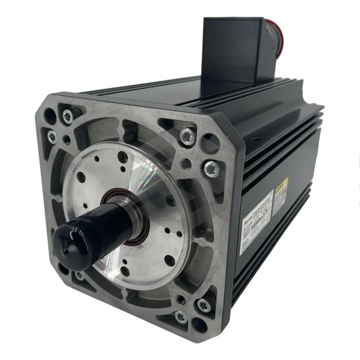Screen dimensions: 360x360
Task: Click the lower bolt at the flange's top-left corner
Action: pyautogui.click(x=52, y=137)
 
